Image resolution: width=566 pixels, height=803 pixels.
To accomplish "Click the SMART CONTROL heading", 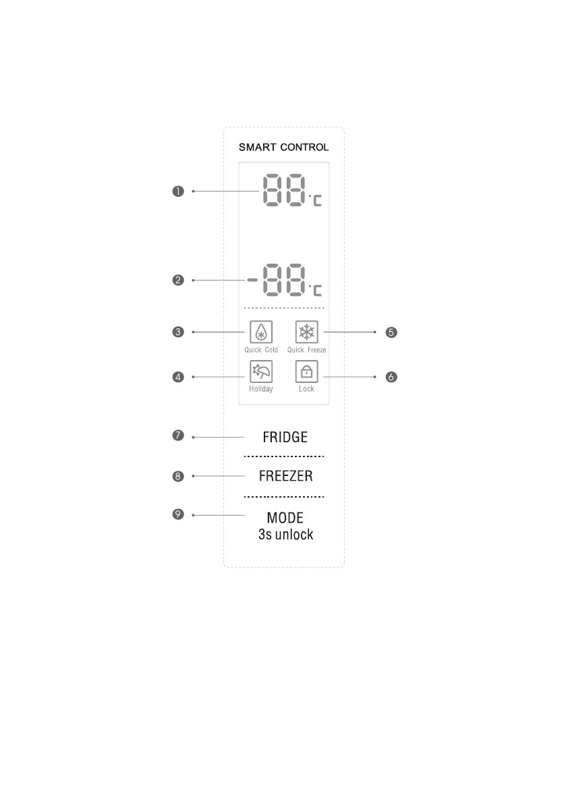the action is click(283, 147).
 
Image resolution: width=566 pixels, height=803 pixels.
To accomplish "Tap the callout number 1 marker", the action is click(177, 191).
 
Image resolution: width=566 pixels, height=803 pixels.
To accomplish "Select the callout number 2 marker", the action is click(177, 280).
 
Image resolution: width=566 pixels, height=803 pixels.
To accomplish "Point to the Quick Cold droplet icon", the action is click(260, 332).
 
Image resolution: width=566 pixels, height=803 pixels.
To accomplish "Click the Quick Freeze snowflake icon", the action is click(306, 332).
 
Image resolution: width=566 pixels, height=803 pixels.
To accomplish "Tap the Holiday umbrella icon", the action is click(260, 371).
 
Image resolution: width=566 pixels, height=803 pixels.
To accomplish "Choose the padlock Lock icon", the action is click(306, 371).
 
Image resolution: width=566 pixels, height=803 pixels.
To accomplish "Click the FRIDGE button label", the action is click(283, 437).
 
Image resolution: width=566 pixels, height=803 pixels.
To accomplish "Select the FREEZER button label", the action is click(285, 476).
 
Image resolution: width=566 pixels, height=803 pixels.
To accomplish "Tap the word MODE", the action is click(285, 518).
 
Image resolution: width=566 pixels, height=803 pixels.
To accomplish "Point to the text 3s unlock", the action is click(285, 536).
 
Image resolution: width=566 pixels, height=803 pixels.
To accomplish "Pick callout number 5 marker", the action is click(390, 332).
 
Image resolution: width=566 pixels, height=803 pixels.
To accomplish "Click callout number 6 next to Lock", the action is click(390, 377).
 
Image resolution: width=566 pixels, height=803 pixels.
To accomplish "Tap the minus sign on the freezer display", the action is click(250, 280).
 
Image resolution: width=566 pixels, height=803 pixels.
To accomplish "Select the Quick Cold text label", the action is click(261, 350).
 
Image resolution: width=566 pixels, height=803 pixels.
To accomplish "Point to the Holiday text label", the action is click(260, 389).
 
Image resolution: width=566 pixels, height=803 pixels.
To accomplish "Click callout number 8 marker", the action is click(177, 476).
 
